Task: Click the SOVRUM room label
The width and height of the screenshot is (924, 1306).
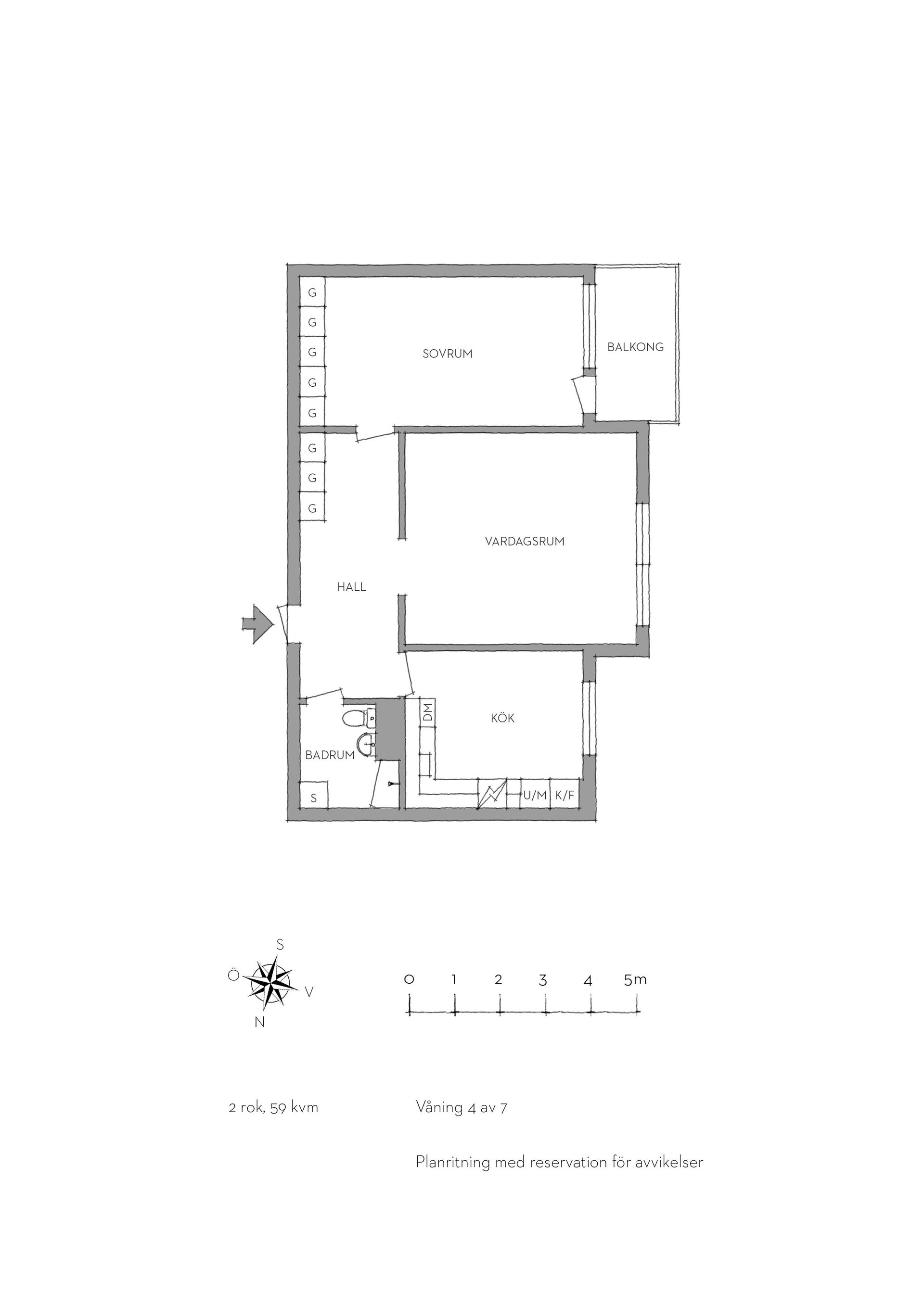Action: pyautogui.click(x=447, y=354)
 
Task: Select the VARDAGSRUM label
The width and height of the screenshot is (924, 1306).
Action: pyautogui.click(x=525, y=542)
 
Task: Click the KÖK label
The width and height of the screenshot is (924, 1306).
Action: pyautogui.click(x=502, y=718)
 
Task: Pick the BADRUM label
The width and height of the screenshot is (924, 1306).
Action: pyautogui.click(x=330, y=755)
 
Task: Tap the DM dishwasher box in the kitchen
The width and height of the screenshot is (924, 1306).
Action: pyautogui.click(x=428, y=711)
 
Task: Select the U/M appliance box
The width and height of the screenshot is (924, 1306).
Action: pyautogui.click(x=535, y=795)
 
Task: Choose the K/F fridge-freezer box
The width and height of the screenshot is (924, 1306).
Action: pyautogui.click(x=565, y=795)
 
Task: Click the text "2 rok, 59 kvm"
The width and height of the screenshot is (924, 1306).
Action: pyautogui.click(x=273, y=1108)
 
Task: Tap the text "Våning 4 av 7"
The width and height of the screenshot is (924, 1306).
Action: pyautogui.click(x=462, y=1107)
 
